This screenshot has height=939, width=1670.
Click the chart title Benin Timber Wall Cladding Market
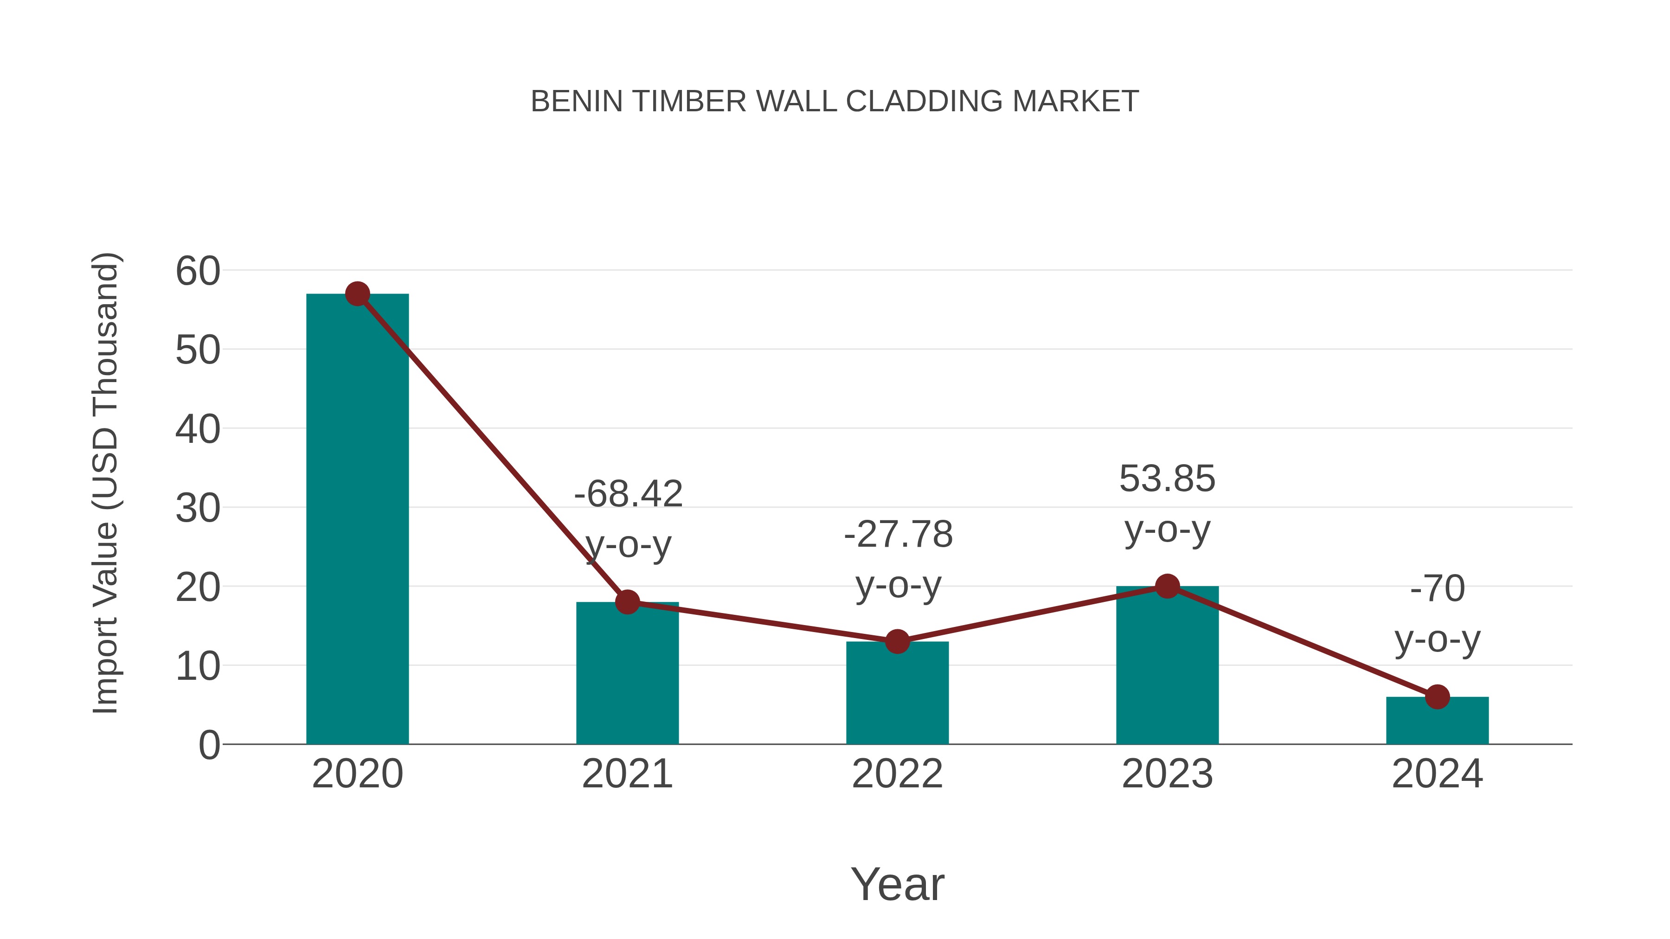coord(835,102)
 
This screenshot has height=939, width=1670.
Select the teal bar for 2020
coord(357,518)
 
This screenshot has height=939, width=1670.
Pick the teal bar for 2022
coord(897,693)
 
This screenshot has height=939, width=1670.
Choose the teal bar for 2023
coord(1167,667)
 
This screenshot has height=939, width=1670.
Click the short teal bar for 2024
coord(1437,721)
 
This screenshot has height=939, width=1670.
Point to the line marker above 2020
coord(357,294)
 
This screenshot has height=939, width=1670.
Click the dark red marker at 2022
coord(897,642)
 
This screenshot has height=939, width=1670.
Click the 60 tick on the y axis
coord(198,271)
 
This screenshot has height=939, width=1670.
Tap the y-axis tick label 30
coord(198,509)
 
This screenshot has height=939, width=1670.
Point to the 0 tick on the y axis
coord(209,745)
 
